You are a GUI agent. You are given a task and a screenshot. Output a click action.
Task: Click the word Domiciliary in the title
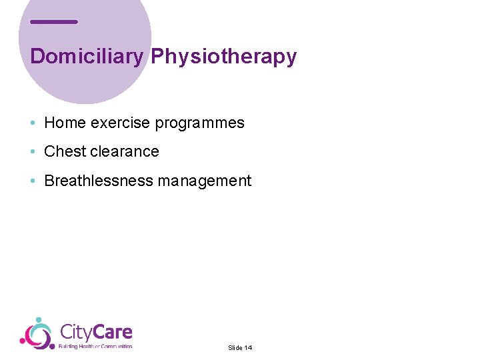pos(87,57)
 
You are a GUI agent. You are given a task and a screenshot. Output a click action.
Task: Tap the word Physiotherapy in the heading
pos(223,57)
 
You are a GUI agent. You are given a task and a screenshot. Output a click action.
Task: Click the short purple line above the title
pos(54,22)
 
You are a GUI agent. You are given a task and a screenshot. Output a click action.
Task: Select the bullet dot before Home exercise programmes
pos(33,123)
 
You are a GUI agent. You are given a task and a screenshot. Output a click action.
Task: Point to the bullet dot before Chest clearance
pos(33,152)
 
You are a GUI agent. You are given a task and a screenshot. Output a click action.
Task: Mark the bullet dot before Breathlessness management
pos(33,181)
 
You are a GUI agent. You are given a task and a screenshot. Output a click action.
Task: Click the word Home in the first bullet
pos(65,123)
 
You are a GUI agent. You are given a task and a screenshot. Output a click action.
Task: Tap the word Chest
pos(65,152)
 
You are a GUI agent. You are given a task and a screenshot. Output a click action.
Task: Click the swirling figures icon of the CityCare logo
pos(37,333)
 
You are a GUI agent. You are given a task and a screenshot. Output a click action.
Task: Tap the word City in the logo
pos(75,332)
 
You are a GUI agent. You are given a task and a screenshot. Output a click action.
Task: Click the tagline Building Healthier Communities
pos(95,346)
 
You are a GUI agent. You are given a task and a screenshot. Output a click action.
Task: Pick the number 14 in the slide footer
pos(248,348)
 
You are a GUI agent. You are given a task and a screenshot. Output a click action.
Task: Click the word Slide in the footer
pos(235,348)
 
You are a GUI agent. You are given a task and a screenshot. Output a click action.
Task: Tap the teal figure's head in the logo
pos(39,321)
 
